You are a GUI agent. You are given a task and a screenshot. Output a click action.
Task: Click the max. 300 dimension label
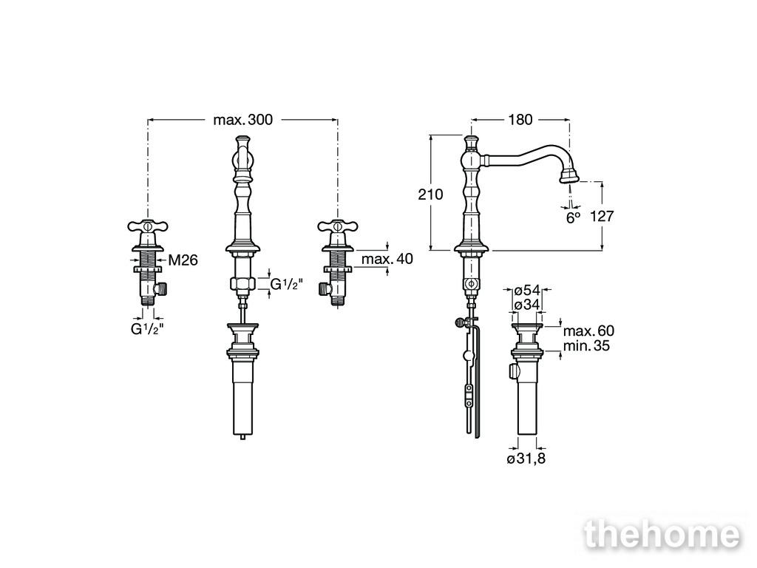[242, 119]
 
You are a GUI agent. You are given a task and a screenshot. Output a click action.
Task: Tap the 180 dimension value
[520, 119]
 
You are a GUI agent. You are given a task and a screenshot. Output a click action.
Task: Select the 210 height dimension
[430, 195]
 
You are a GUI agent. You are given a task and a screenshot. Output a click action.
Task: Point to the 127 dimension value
[602, 216]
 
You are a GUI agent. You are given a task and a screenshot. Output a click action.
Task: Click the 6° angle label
[573, 218]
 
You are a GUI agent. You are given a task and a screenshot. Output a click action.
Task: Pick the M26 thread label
[183, 260]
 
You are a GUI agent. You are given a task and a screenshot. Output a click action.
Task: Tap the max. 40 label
[387, 259]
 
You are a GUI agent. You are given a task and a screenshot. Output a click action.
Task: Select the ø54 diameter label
[526, 290]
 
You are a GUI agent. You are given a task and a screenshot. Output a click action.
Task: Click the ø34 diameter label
[526, 305]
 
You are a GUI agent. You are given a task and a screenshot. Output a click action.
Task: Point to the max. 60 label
[588, 331]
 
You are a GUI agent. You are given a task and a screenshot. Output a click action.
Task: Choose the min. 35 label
[586, 346]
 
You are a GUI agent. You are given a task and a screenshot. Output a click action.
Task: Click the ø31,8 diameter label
[526, 459]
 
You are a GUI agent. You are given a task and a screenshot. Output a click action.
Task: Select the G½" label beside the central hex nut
[286, 284]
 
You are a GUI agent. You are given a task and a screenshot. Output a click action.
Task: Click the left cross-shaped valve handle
[148, 226]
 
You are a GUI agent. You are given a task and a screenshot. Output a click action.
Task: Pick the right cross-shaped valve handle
[337, 226]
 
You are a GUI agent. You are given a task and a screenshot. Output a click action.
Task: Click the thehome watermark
[662, 534]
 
